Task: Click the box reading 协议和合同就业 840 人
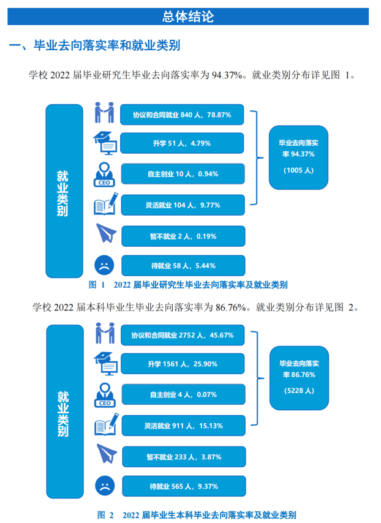[183, 115]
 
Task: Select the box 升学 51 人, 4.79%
[183, 143]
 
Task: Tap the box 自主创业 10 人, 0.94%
[183, 174]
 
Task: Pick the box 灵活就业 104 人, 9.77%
[183, 205]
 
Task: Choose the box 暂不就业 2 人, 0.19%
[183, 236]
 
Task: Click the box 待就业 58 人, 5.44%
[183, 266]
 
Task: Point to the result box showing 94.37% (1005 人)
[298, 156]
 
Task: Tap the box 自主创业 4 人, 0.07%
[183, 394]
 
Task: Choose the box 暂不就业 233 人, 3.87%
[183, 457]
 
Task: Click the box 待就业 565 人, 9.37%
[183, 486]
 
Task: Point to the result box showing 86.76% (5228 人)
[299, 377]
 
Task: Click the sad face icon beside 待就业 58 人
[104, 266]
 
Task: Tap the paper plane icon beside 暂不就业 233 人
[106, 455]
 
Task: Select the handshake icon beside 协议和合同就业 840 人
[105, 113]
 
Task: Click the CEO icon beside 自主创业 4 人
[105, 395]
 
